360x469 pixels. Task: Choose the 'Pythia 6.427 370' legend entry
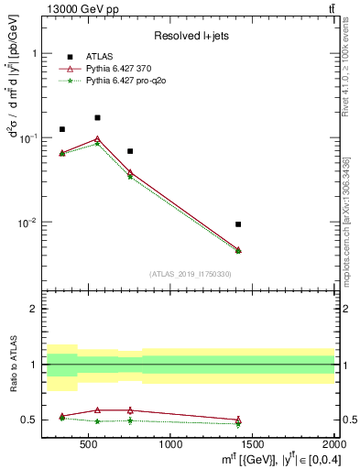pyautogui.click(x=123, y=68)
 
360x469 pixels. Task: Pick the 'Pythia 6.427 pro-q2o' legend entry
pyautogui.click(x=129, y=80)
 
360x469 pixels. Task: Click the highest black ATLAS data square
pyautogui.click(x=97, y=117)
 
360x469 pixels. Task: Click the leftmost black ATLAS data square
pyautogui.click(x=62, y=129)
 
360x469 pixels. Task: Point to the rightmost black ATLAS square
pyautogui.click(x=238, y=224)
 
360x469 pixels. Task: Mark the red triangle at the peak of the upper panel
pyautogui.click(x=97, y=139)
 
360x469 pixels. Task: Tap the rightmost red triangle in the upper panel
pyautogui.click(x=238, y=249)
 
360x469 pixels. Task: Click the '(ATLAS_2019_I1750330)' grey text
pyautogui.click(x=191, y=274)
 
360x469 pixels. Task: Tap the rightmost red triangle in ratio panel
pyautogui.click(x=238, y=420)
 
